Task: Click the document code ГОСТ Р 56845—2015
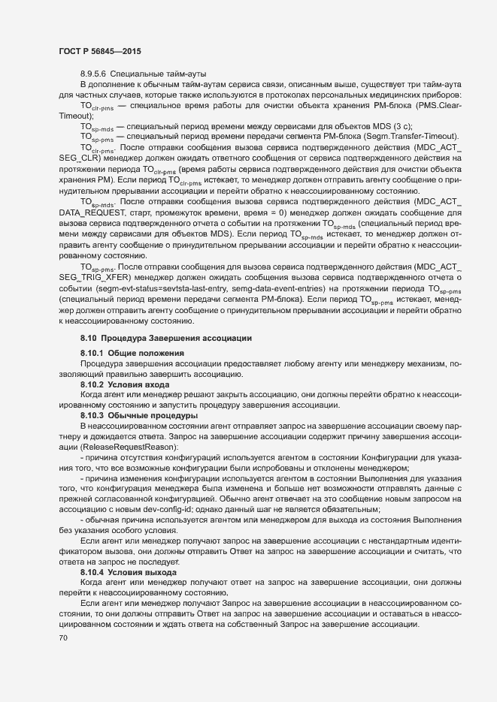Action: (x=99, y=51)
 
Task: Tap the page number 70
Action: (x=62, y=638)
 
